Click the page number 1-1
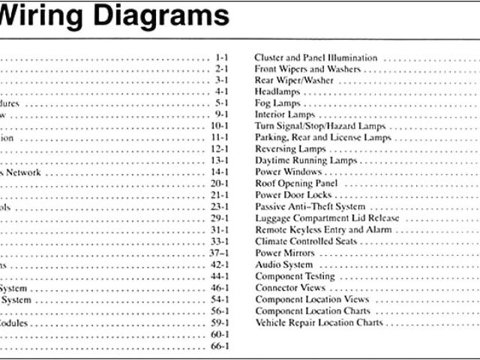221,57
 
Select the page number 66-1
220,346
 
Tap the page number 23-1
220,207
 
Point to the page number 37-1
220,253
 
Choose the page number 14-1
220,172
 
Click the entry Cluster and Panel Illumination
315,58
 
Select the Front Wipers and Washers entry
307,69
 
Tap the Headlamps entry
278,91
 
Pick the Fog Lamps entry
277,103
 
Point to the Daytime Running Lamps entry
306,160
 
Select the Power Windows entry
289,172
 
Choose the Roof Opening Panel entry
296,184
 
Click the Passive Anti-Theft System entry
310,207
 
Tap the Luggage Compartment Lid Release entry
327,218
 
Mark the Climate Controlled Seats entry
306,241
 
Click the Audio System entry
283,265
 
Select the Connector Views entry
289,288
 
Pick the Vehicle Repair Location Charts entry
319,323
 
